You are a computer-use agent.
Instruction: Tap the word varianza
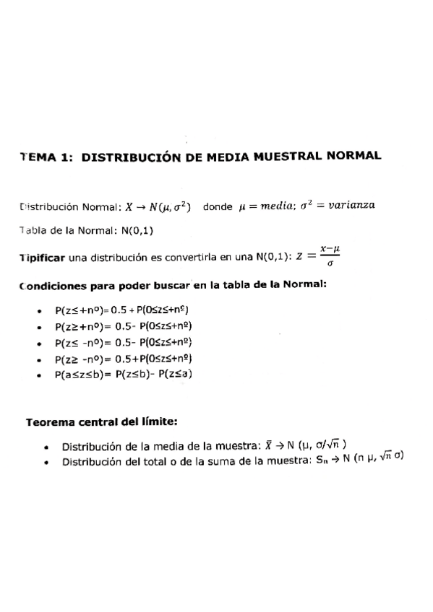[351, 205]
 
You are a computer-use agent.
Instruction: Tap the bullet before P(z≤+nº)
[38, 311]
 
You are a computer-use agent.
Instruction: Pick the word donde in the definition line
[218, 206]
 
